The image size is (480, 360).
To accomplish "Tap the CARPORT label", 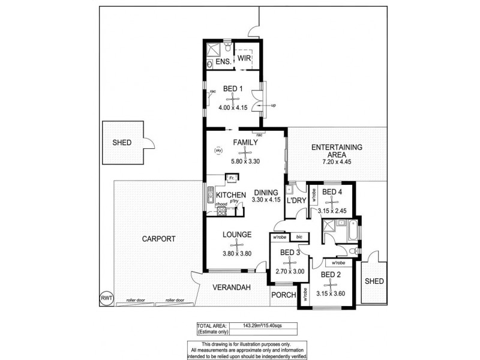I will click(158, 238).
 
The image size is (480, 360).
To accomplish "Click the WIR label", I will click(244, 58).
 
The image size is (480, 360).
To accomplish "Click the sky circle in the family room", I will click(218, 151).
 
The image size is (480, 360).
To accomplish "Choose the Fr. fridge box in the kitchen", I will click(230, 178).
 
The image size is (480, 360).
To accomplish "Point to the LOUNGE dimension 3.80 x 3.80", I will click(238, 254).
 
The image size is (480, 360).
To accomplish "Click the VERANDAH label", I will click(230, 287).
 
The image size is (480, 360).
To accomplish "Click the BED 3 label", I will click(290, 253).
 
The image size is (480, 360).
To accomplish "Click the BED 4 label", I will click(332, 192).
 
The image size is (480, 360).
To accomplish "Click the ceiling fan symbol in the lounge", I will click(239, 244).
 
